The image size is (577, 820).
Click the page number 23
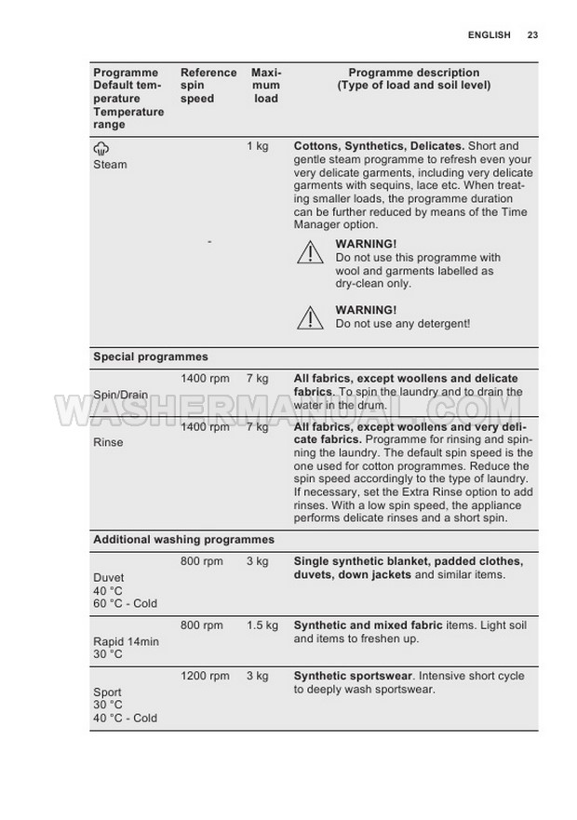pos(532,35)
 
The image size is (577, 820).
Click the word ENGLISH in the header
pos(490,35)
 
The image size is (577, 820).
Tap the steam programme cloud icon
pos(101,148)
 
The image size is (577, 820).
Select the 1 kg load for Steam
pos(257,146)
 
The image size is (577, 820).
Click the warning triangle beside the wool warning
pos(310,252)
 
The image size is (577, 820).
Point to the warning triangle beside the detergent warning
pos(310,317)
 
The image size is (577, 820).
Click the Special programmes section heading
pos(150,356)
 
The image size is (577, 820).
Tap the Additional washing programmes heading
pos(183,539)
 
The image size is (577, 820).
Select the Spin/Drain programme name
pos(120,395)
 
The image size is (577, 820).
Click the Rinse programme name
pos(108,442)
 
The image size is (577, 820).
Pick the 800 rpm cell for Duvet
pos(201,561)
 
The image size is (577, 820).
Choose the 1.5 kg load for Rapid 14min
pos(262,625)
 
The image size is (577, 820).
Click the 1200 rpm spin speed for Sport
pos(204,676)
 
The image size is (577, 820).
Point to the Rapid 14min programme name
pos(126,641)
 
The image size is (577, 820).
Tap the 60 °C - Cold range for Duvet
pos(125,603)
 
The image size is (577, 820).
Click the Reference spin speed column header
pos(208,86)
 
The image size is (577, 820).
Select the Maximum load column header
pos(266,86)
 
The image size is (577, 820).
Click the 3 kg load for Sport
pos(257,676)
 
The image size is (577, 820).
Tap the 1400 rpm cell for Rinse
pos(204,426)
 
